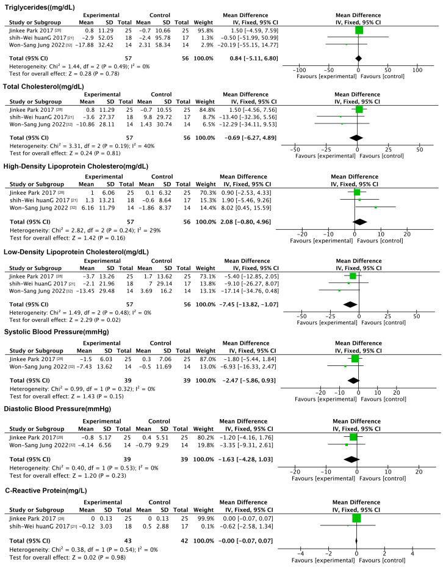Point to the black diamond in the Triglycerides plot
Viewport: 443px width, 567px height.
(358, 58)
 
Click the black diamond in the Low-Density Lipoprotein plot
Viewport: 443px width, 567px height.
(350, 303)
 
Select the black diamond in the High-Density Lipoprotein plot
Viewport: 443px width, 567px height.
(360, 221)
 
